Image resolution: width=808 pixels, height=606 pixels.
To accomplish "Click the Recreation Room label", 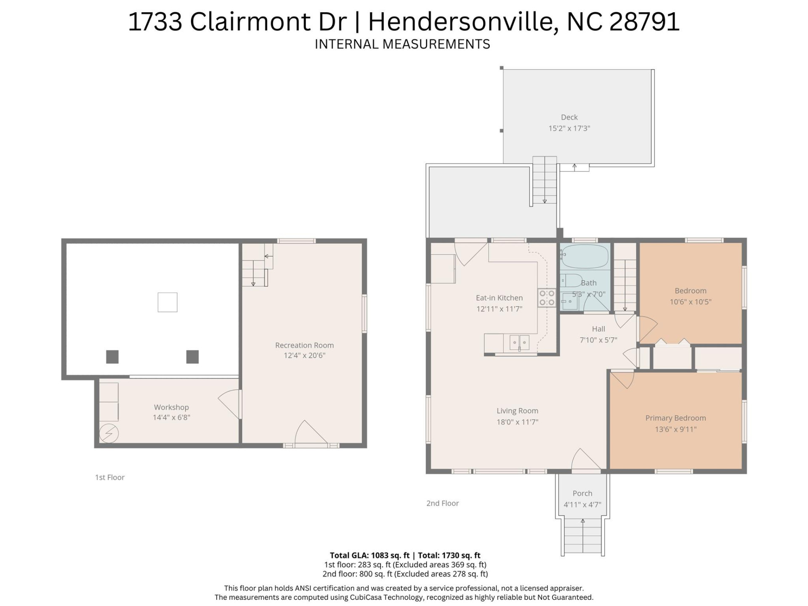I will pyautogui.click(x=304, y=345).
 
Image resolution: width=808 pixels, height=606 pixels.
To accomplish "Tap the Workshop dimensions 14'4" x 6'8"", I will pyautogui.click(x=171, y=417).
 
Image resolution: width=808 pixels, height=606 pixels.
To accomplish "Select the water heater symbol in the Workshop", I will pyautogui.click(x=109, y=433).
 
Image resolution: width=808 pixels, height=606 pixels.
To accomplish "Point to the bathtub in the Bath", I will pyautogui.click(x=585, y=256).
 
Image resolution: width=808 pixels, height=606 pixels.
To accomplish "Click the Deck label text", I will pyautogui.click(x=569, y=117).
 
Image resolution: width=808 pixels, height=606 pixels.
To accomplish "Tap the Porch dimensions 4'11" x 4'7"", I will pyautogui.click(x=582, y=505).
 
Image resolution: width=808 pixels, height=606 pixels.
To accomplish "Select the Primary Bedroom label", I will pyautogui.click(x=675, y=418).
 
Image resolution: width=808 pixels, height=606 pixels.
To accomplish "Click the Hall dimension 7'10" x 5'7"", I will pyautogui.click(x=598, y=340).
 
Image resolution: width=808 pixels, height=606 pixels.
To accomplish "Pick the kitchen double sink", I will pyautogui.click(x=519, y=343).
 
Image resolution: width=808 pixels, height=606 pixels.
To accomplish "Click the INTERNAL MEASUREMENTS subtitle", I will pyautogui.click(x=402, y=44).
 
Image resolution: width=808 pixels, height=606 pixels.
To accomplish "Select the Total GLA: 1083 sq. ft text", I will pyautogui.click(x=369, y=555).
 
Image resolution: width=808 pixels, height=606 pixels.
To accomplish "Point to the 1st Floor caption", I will pyautogui.click(x=110, y=477).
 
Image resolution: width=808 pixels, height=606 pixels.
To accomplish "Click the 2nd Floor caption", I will pyautogui.click(x=442, y=503).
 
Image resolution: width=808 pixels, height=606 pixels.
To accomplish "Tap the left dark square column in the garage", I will pyautogui.click(x=112, y=357).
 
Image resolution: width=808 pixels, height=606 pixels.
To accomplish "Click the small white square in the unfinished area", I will pyautogui.click(x=167, y=302).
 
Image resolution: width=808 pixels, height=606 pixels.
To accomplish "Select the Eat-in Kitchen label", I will pyautogui.click(x=499, y=298).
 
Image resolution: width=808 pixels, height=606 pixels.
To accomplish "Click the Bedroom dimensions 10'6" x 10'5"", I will pyautogui.click(x=690, y=302).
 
